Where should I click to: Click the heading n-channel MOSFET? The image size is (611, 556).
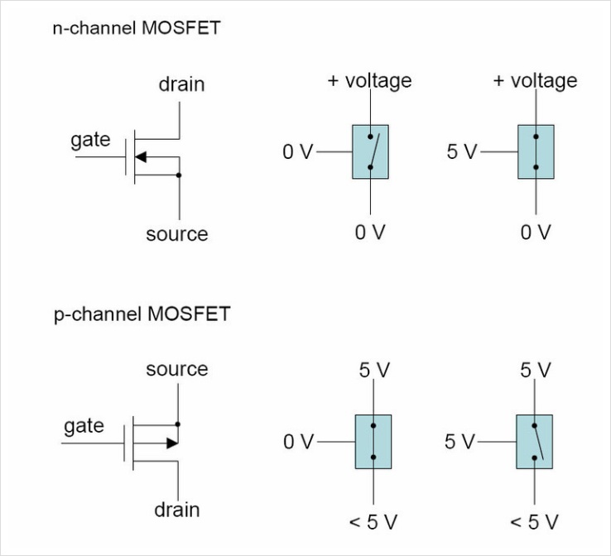tap(137, 29)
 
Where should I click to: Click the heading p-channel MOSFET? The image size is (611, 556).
tap(142, 314)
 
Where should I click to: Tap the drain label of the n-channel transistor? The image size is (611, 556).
tap(181, 84)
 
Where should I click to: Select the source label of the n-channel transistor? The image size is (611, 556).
tap(177, 234)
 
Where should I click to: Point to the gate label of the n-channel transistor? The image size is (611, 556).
tap(90, 140)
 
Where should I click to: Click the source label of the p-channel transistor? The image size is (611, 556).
tap(177, 369)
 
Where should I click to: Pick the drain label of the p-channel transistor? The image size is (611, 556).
tap(177, 509)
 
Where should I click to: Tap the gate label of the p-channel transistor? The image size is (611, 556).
tap(84, 425)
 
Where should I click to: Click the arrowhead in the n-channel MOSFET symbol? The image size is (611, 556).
tap(140, 157)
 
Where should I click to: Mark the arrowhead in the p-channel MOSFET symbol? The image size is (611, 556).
tap(171, 443)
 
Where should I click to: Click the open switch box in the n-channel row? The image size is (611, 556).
tap(370, 151)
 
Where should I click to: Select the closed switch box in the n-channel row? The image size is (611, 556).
tap(536, 151)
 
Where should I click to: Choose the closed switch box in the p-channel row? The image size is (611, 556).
tap(373, 442)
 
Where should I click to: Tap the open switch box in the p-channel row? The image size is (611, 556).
tap(535, 442)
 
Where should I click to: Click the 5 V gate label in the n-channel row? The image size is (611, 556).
tap(462, 152)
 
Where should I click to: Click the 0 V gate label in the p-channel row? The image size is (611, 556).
tap(299, 443)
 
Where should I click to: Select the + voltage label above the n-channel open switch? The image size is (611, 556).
tap(370, 81)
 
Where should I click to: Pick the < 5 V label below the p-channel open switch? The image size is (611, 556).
tap(534, 522)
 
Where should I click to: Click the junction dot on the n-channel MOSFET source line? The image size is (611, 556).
tap(179, 175)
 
